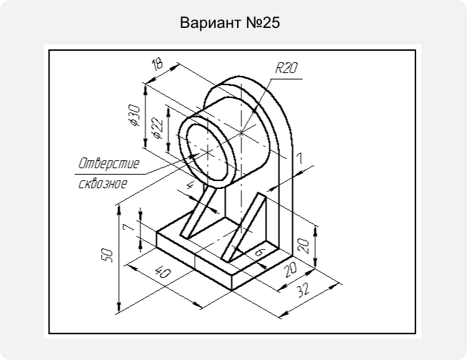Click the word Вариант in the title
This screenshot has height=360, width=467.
coord(211,23)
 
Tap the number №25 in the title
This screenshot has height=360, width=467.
coord(263,23)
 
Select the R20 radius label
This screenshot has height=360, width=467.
coord(286,67)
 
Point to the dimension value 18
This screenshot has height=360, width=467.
coord(158,64)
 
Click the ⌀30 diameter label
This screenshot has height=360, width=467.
coord(134,115)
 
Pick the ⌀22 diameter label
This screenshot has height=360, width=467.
coord(158,128)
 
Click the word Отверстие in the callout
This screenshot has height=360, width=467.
coord(109,163)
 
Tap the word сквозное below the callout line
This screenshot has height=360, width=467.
coord(103,183)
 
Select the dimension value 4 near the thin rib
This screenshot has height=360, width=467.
coord(190,185)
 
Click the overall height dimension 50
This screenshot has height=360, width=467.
coord(107,256)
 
